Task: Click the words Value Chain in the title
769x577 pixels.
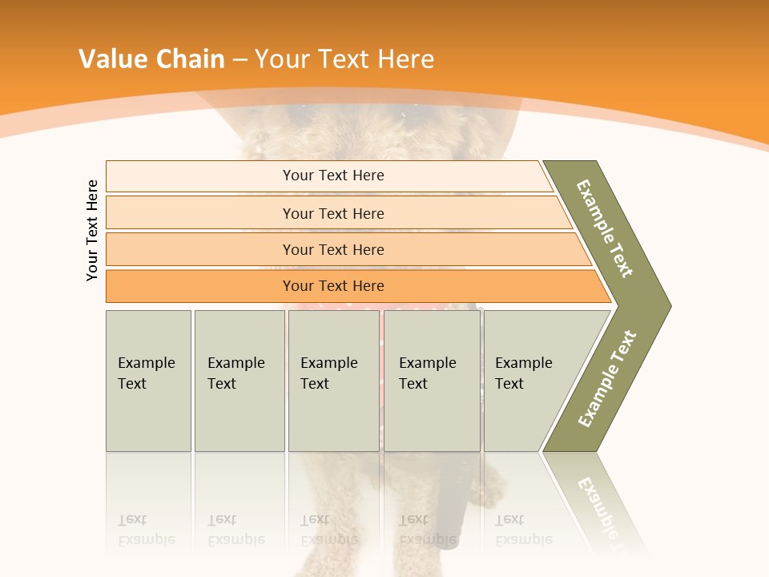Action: coord(151,59)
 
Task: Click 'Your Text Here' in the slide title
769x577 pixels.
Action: coord(344,59)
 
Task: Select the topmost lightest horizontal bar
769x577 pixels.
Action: coord(200,176)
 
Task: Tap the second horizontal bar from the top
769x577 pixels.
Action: coord(200,213)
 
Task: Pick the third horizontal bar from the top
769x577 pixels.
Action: coord(200,249)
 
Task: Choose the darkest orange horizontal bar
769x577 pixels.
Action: coord(200,286)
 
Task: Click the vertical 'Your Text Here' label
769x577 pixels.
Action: coord(92,230)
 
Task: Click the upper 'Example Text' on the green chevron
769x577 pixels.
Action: coord(605,228)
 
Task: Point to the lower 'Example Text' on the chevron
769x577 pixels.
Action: coord(607,378)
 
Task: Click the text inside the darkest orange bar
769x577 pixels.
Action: coord(333,286)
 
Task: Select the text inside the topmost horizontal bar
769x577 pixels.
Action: coord(333,176)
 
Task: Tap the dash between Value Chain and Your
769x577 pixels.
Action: coord(240,60)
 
